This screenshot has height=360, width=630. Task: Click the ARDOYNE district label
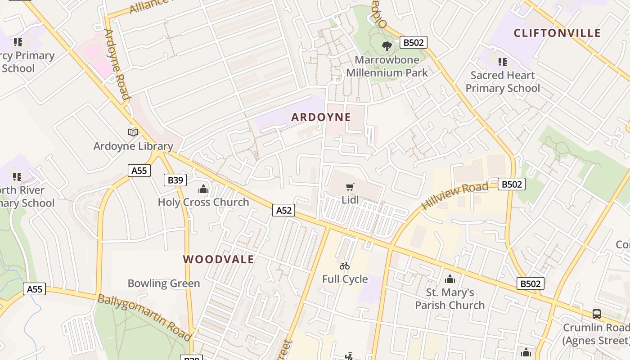click(x=321, y=117)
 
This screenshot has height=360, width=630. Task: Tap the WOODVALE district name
click(x=219, y=259)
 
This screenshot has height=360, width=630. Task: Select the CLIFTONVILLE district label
click(x=557, y=33)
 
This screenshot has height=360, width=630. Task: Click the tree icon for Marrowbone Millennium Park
click(x=387, y=45)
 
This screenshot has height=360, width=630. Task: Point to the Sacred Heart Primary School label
click(x=502, y=81)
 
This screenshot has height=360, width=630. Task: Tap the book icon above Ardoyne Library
click(x=133, y=132)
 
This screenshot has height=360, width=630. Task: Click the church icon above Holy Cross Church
click(x=203, y=189)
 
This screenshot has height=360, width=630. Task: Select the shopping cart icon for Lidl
click(x=350, y=187)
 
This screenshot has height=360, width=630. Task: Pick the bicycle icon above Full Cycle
click(x=345, y=266)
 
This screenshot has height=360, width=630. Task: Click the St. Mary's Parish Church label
click(x=450, y=299)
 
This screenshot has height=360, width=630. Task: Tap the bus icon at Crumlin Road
click(x=597, y=314)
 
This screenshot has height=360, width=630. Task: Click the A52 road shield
click(x=283, y=210)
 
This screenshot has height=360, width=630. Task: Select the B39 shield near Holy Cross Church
click(x=175, y=180)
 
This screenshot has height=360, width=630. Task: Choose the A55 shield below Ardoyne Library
click(x=139, y=171)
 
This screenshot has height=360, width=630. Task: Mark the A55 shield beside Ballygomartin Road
click(x=35, y=289)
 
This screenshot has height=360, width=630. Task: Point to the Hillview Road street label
click(x=454, y=196)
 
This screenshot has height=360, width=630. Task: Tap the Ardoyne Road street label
click(x=117, y=64)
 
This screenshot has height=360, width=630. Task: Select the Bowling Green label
click(x=164, y=283)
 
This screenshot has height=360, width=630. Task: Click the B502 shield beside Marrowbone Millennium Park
click(x=413, y=42)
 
